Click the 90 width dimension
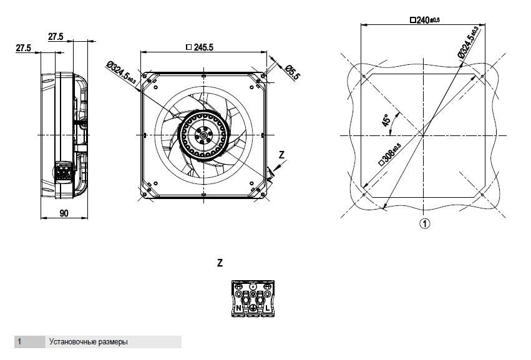click(64, 213)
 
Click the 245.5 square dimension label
click(200, 47)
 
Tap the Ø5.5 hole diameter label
click(292, 72)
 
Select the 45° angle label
click(386, 120)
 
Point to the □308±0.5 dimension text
click(390, 155)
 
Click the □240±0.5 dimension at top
click(425, 21)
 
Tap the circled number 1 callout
click(425, 223)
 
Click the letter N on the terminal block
click(238, 308)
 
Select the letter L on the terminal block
click(267, 308)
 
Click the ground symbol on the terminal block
click(253, 308)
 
